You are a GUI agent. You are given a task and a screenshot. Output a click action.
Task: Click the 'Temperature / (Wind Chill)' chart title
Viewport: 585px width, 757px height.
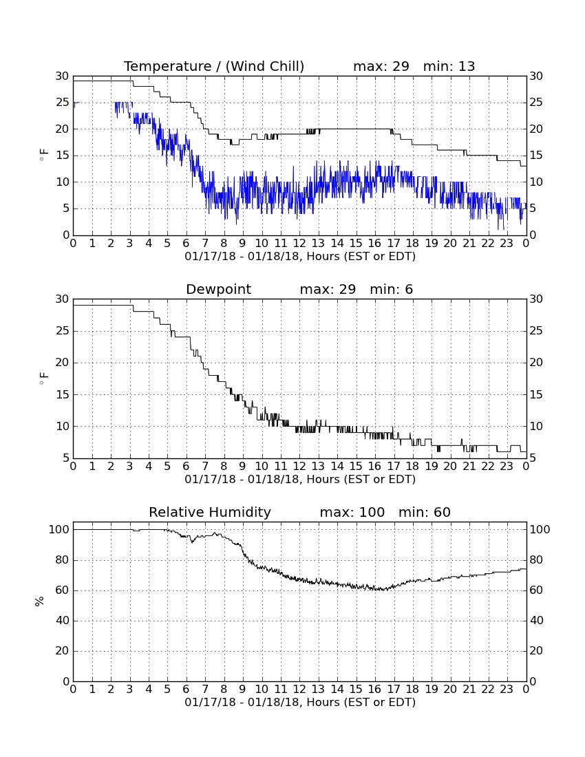click(x=214, y=66)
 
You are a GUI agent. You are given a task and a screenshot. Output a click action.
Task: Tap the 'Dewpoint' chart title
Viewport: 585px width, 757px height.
click(x=219, y=289)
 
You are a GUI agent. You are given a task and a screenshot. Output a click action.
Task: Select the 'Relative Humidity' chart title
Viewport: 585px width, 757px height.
click(x=210, y=512)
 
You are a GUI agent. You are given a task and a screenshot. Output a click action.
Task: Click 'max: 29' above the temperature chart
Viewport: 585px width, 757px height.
click(x=381, y=66)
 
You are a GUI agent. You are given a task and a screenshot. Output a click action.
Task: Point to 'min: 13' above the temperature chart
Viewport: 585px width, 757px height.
click(x=449, y=66)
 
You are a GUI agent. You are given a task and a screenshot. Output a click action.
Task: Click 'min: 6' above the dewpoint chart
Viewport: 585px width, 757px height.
click(x=392, y=289)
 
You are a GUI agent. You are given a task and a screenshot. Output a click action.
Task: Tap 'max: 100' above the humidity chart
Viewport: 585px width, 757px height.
click(x=352, y=512)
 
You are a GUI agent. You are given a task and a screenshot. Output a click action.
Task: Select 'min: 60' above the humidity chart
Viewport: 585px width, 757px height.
click(x=425, y=512)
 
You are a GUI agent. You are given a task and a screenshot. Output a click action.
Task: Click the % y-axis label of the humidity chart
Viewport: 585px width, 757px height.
click(x=40, y=601)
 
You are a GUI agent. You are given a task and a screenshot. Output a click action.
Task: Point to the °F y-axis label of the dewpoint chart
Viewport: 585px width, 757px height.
click(x=43, y=378)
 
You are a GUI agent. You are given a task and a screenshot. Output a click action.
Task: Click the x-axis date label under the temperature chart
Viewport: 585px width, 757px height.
click(x=300, y=257)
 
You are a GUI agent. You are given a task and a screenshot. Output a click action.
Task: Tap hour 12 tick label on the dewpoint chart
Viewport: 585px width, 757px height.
click(x=299, y=466)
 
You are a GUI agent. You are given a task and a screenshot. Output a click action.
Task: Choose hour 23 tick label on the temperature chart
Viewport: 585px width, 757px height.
click(x=507, y=243)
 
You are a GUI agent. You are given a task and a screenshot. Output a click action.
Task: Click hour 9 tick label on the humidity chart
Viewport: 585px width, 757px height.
click(x=242, y=689)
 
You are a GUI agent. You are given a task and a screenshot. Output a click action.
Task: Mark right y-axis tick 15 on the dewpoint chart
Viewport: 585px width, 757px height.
click(x=536, y=394)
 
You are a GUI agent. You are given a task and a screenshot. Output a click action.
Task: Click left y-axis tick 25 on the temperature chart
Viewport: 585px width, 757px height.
click(x=63, y=103)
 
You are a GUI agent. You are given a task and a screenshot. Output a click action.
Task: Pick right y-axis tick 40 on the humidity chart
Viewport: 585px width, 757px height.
click(x=536, y=621)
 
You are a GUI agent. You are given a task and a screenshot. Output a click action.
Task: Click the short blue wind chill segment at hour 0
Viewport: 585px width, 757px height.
click(x=75, y=103)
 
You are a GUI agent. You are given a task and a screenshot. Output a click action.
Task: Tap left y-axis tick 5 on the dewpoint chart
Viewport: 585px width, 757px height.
click(x=66, y=458)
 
